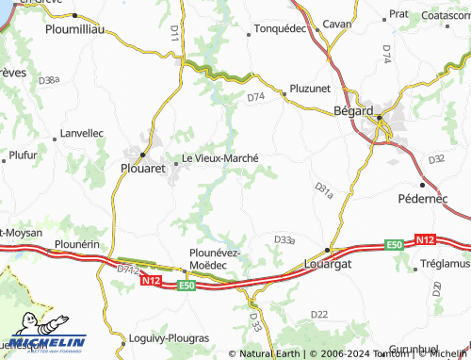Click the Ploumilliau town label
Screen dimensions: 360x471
pos(78,30)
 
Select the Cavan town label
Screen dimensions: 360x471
pos(336,24)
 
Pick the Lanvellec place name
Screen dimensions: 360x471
pos(81,134)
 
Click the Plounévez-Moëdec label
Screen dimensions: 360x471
pos(217,259)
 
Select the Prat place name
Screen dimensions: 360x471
pos(398,15)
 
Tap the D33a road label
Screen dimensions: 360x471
pos(284,240)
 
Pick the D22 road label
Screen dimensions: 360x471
pos(319,314)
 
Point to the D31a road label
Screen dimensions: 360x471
pos(323,191)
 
